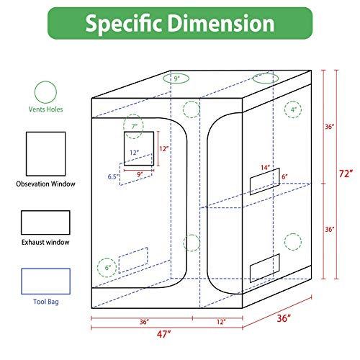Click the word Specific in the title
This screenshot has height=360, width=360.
tap(124, 24)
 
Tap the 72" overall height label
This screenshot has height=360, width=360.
tap(346, 174)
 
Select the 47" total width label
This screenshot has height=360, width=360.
tap(164, 334)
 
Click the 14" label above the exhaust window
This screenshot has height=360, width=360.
tap(266, 167)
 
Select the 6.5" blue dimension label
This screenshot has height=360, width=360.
tap(113, 176)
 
